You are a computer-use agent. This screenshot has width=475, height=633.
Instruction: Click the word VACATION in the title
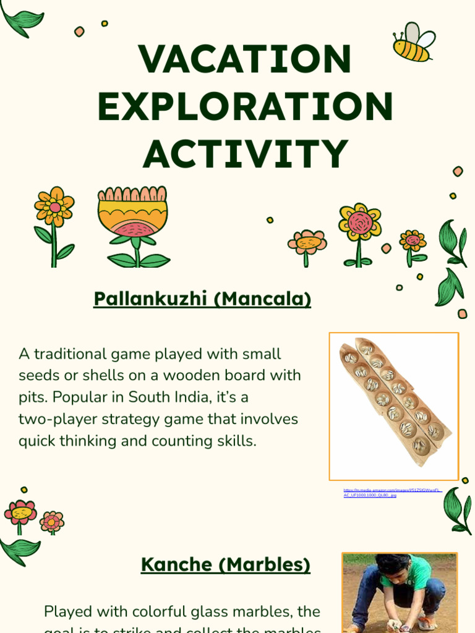point(246,59)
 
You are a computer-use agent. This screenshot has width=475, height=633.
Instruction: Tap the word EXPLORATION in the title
point(246,106)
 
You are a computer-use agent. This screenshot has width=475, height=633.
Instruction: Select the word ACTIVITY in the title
point(246,154)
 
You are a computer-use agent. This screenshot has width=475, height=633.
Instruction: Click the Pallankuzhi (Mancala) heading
point(202,299)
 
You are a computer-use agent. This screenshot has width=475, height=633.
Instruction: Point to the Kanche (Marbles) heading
point(225,564)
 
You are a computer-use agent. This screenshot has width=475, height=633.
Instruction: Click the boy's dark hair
point(394,563)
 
